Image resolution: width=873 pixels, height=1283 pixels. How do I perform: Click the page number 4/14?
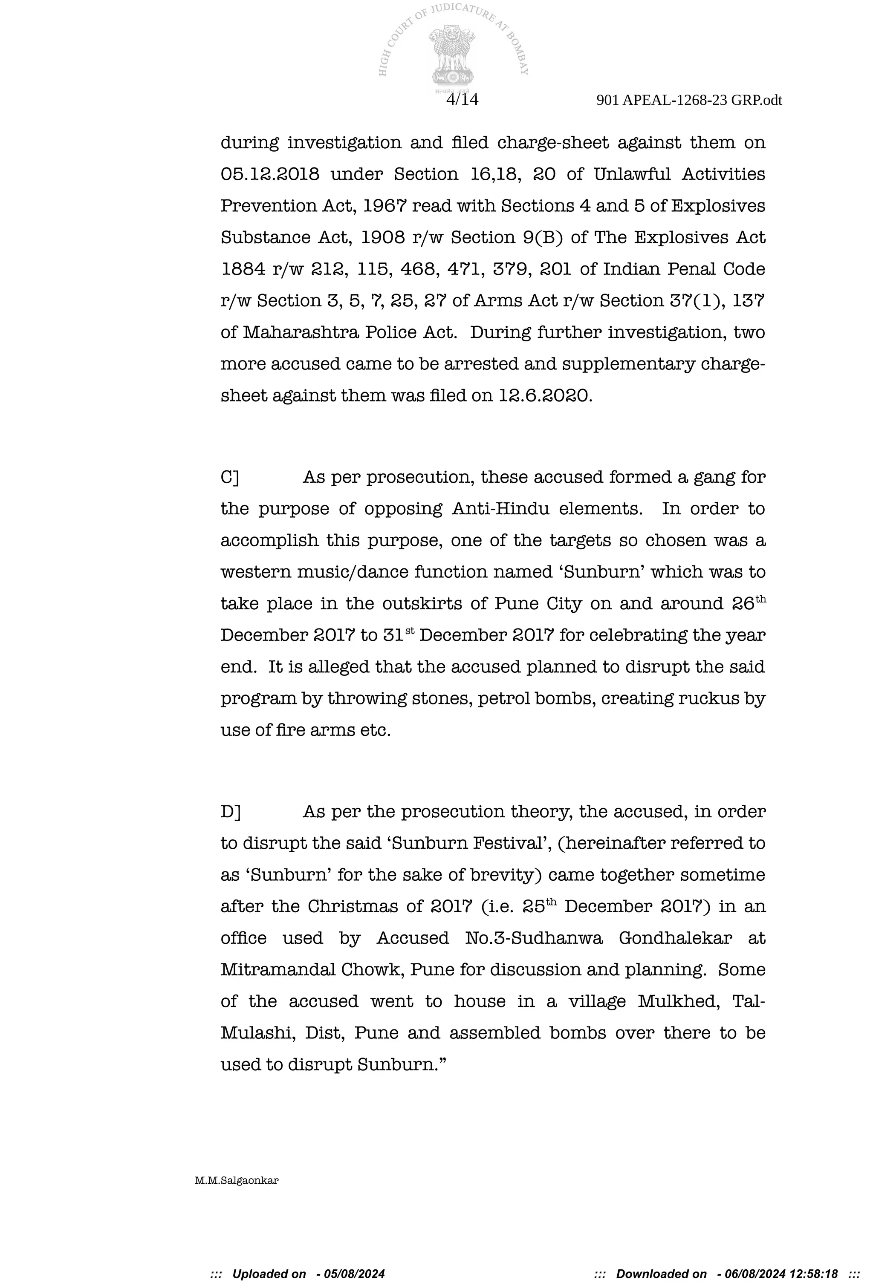click(x=462, y=99)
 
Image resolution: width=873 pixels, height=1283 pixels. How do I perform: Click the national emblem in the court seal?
click(x=453, y=55)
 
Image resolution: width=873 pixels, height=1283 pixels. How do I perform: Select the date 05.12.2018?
click(x=270, y=174)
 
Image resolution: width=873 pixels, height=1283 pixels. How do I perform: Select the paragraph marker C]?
click(x=230, y=477)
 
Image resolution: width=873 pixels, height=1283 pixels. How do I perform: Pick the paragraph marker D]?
click(x=231, y=812)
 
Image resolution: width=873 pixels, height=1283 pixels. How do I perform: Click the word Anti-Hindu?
click(x=500, y=508)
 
